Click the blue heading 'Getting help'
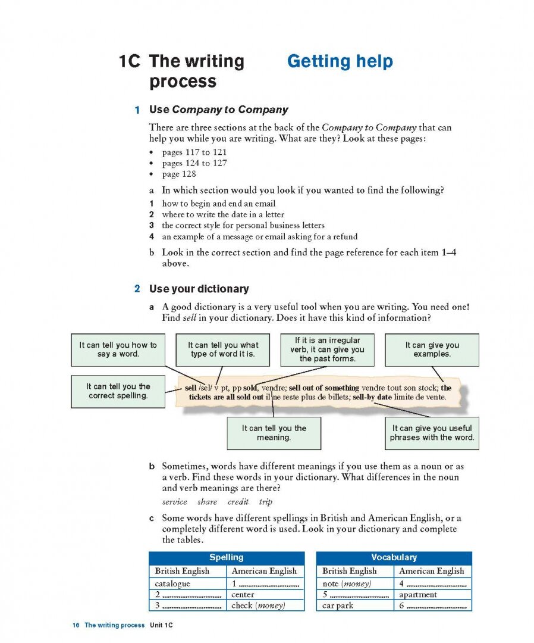click(x=340, y=61)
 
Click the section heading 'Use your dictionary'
click(x=199, y=289)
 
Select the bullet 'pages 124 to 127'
click(x=194, y=163)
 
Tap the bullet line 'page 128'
click(x=179, y=174)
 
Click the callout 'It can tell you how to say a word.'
click(x=118, y=349)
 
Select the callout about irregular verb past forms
click(x=327, y=349)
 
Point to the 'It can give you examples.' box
click(x=432, y=349)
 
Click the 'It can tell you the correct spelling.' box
click(x=118, y=391)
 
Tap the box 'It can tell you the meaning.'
click(x=274, y=433)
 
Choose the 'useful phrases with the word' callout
click(x=432, y=433)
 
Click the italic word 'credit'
click(x=238, y=502)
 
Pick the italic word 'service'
click(x=174, y=502)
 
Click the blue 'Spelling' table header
click(x=227, y=558)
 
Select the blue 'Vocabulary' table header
click(x=394, y=558)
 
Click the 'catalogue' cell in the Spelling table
click(x=172, y=584)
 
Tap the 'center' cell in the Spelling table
click(x=243, y=595)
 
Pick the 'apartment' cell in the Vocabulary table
click(x=418, y=595)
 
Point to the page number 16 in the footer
click(x=76, y=625)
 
